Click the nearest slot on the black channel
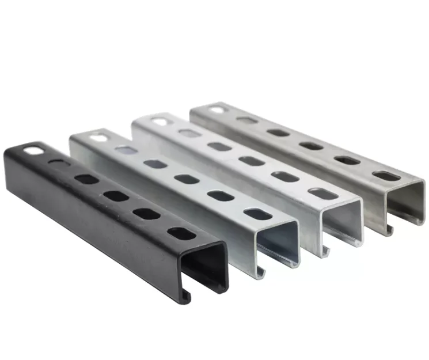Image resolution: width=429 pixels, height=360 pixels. coord(179,234)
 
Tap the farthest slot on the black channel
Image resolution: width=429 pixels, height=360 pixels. coord(33,151)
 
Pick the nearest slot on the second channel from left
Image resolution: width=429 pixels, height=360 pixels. coord(257,214)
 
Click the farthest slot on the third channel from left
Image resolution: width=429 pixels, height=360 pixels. coord(159,122)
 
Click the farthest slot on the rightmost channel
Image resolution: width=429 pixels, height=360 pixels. coord(217,108)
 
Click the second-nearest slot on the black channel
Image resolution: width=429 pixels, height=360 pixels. coord(146,213)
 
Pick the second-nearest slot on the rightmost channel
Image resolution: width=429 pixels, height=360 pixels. coord(347,160)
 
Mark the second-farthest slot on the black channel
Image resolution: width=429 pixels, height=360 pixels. coord(59,164)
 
